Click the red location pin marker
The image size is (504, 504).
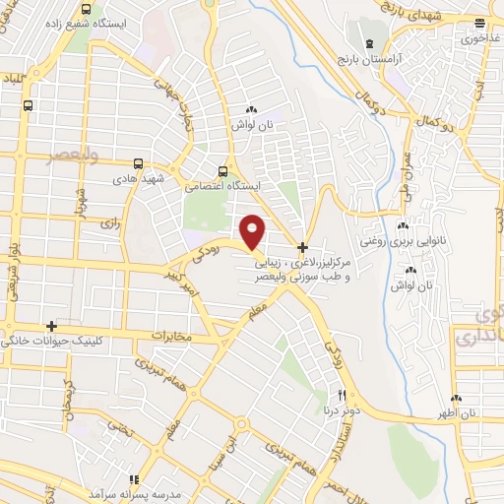click(x=254, y=230)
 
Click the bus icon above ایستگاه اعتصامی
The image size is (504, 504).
click(x=224, y=169)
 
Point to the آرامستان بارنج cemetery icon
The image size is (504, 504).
click(x=369, y=45)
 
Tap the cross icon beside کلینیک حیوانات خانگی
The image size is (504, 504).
click(x=52, y=325)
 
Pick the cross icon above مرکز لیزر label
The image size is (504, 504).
click(x=303, y=244)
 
